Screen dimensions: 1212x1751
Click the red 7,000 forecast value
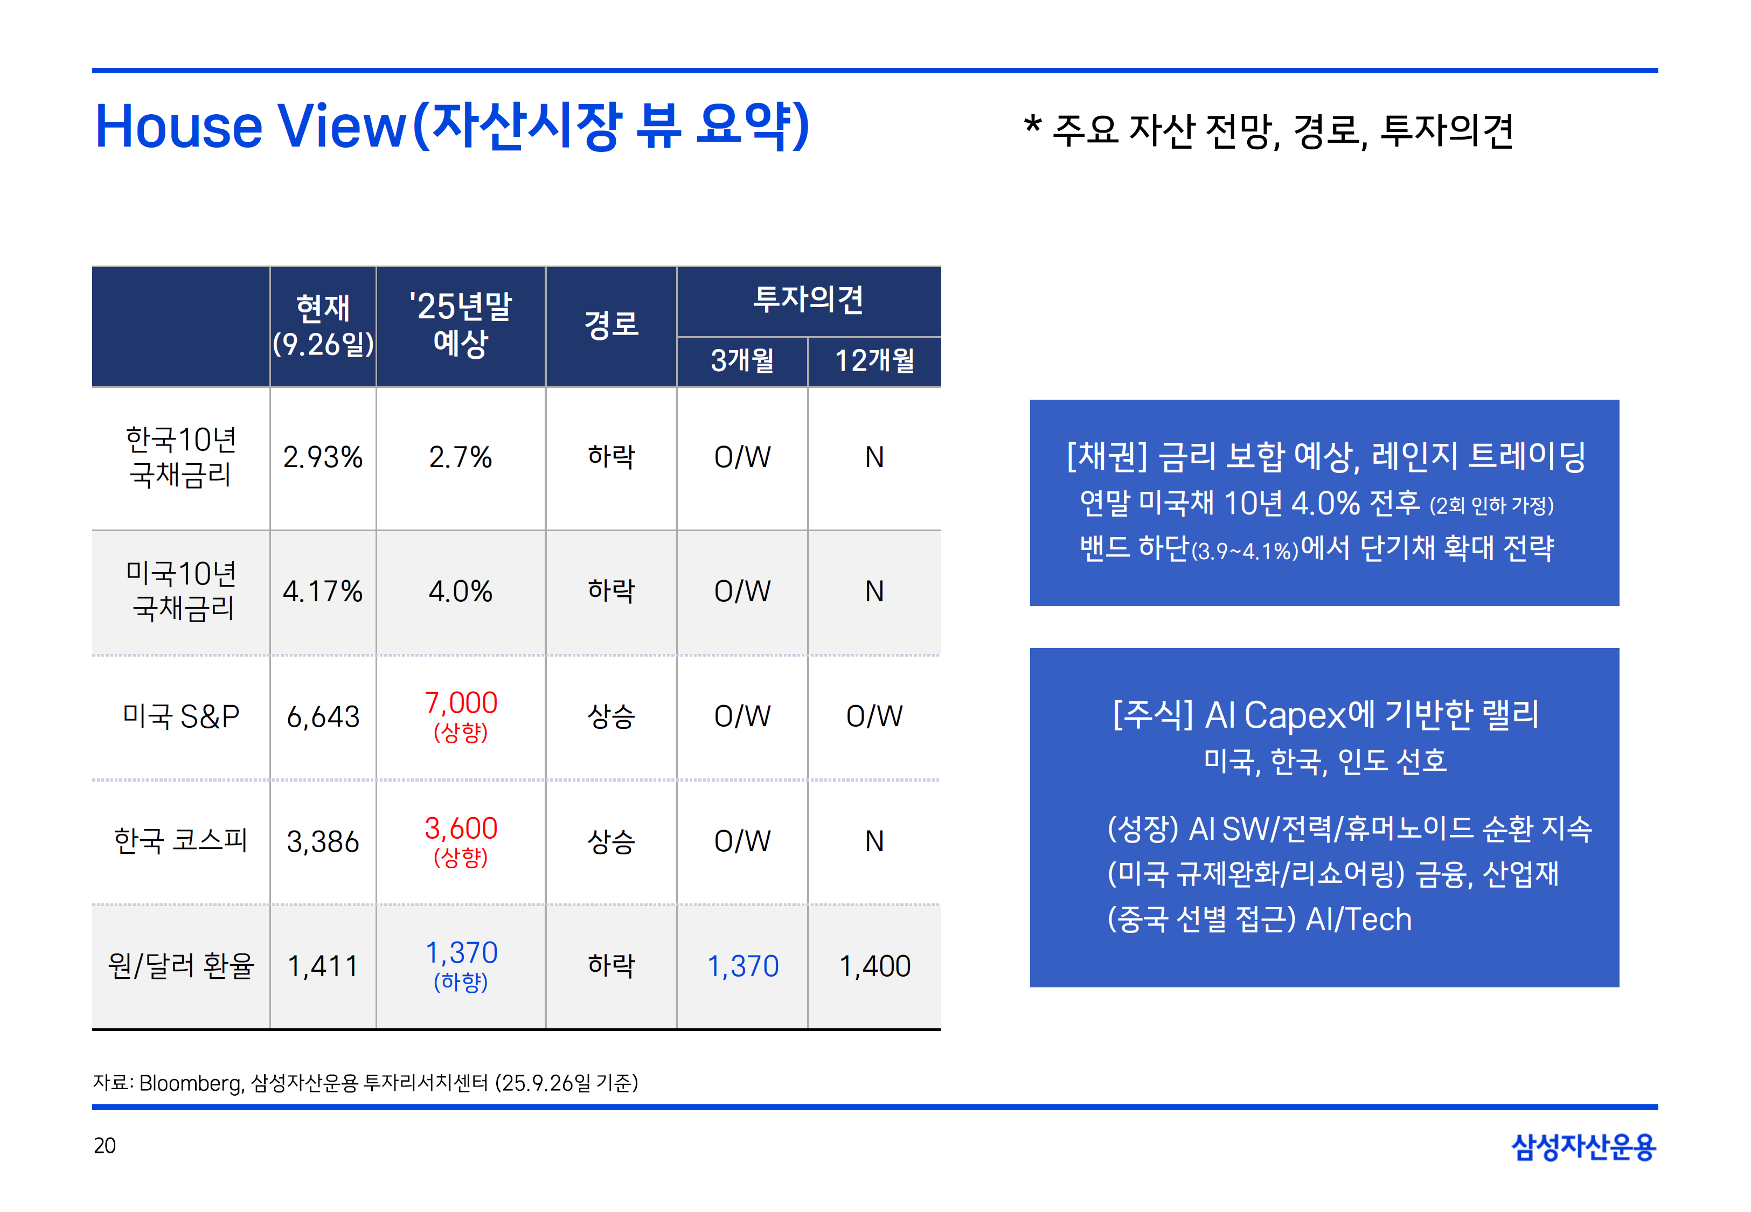[460, 702]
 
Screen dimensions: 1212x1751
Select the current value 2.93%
[323, 457]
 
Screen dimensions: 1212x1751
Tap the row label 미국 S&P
[180, 716]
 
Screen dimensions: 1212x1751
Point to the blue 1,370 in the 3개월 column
[742, 966]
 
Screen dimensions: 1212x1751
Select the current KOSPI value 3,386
[323, 841]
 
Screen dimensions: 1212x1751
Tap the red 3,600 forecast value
[460, 828]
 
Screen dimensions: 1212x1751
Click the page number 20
[105, 1145]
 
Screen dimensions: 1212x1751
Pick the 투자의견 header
[808, 299]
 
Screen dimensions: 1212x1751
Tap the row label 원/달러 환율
[180, 966]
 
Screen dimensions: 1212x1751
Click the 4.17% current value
[323, 591]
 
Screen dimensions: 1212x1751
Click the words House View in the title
[251, 126]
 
